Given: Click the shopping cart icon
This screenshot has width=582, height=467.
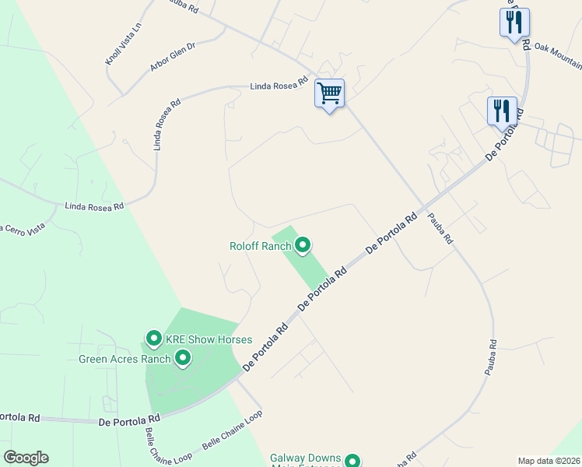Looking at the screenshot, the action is [329, 94].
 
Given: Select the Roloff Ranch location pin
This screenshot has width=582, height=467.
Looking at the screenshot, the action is [303, 246].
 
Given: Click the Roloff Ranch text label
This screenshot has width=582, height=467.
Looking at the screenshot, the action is [260, 246].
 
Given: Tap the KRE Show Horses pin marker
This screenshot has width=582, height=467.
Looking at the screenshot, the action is [153, 339].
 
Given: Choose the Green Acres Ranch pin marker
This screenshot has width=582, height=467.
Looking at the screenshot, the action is [183, 358].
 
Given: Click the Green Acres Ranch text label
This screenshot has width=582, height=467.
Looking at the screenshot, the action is [124, 359].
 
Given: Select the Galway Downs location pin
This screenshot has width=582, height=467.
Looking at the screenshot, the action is [352, 461].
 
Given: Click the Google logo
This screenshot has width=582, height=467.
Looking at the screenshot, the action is [26, 458].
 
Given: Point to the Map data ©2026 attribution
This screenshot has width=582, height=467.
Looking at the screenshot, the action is [549, 461].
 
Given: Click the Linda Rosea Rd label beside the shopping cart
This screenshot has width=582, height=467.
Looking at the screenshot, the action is [280, 86].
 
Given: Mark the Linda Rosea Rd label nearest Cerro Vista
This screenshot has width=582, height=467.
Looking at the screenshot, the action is [94, 206].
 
